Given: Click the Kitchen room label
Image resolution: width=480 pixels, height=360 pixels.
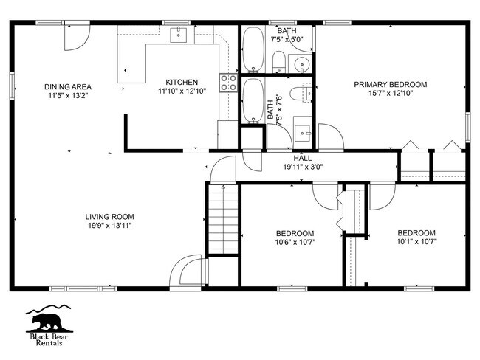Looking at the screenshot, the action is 182,83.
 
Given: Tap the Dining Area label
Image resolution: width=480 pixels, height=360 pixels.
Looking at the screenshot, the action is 68,87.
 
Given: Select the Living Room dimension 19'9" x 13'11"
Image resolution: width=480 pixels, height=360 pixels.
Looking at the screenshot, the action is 109,226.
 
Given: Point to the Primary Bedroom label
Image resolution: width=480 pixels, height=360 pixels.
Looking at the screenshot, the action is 391,84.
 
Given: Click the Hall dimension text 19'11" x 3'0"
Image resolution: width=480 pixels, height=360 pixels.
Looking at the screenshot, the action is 303,167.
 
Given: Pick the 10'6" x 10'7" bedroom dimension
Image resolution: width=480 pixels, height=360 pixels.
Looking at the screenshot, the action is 295,242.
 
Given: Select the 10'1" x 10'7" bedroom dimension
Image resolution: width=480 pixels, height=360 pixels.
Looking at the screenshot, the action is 416,242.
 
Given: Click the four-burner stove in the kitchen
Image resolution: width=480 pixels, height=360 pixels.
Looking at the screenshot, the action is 228,83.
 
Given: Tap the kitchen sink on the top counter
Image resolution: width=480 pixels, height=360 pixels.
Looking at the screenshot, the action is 179,35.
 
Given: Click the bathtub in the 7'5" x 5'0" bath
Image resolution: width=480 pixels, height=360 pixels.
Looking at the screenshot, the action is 253,50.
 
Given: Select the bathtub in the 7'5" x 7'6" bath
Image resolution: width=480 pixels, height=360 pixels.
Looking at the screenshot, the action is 253,101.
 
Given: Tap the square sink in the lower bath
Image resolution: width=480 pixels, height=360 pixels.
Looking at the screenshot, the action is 302,133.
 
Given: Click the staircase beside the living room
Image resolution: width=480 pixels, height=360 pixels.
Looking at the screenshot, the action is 223,219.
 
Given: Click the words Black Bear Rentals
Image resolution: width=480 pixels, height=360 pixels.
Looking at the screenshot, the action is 49,340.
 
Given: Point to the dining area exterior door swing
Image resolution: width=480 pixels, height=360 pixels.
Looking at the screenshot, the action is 77,38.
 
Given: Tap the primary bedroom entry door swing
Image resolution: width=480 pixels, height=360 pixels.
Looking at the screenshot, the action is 331,137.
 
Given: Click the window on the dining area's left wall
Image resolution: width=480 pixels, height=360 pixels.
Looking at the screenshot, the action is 12,86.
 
